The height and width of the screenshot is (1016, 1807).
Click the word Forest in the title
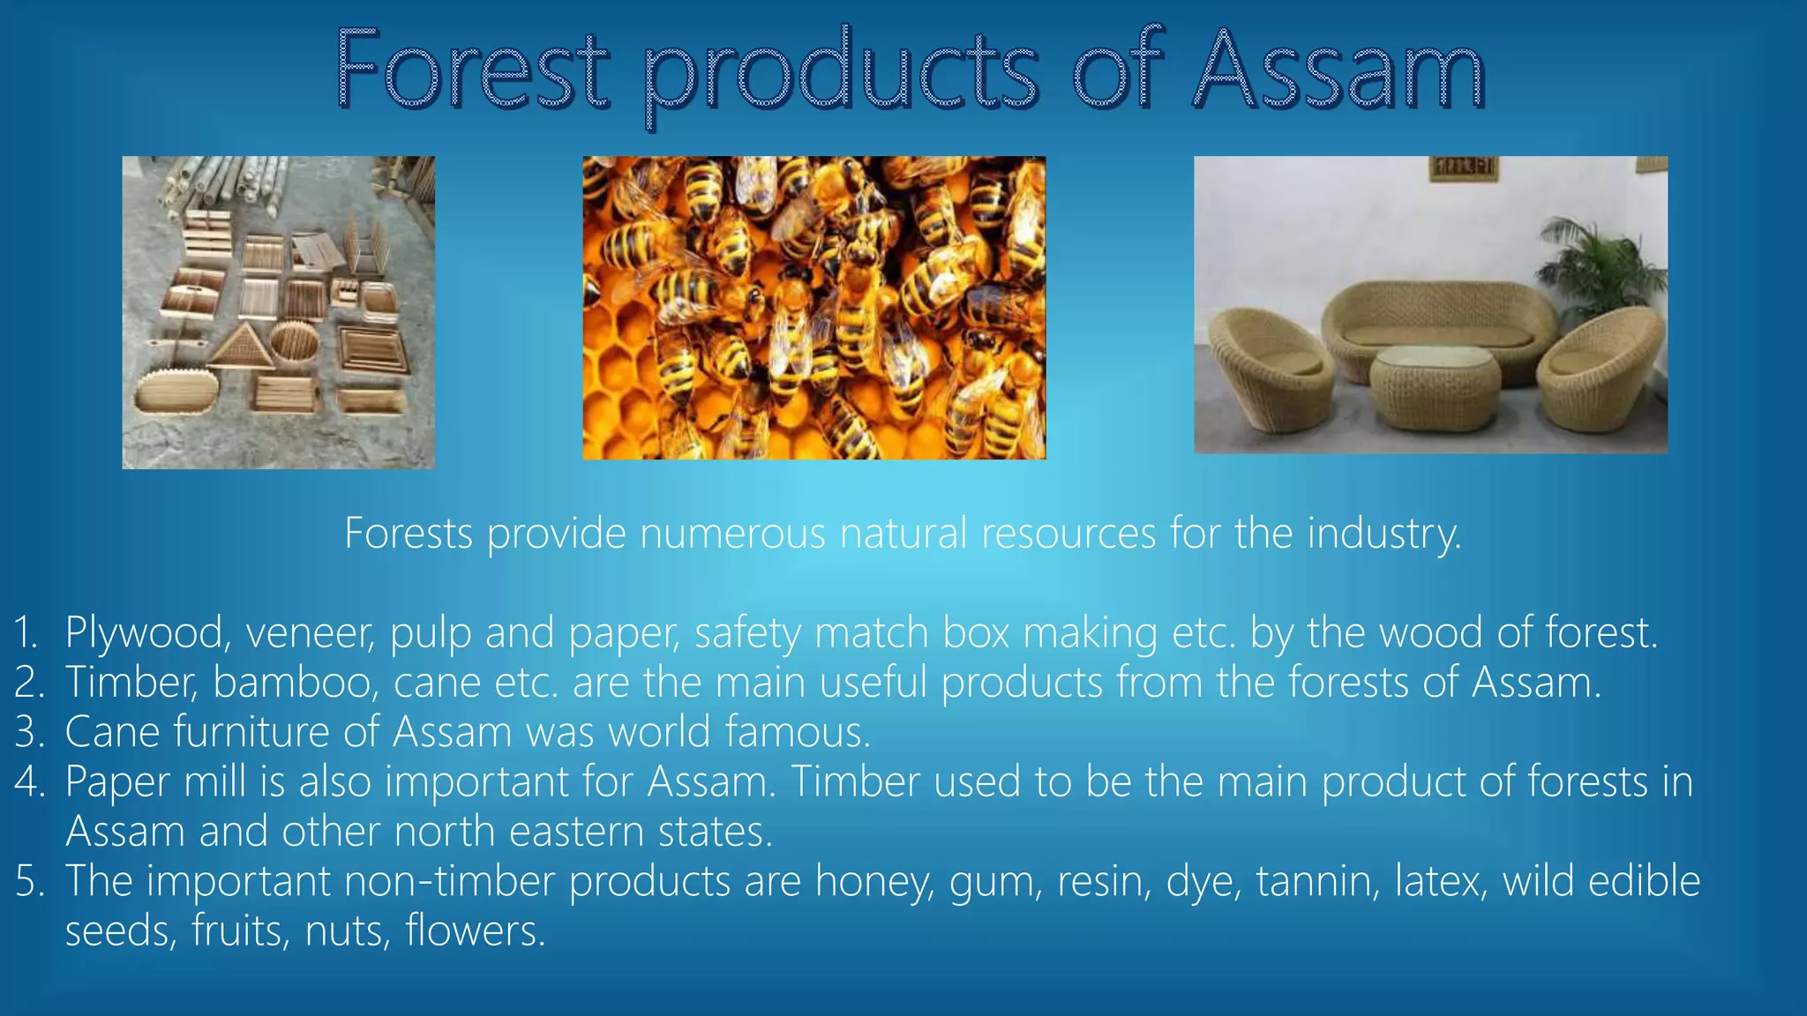473,71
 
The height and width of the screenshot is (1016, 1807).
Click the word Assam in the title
1338,71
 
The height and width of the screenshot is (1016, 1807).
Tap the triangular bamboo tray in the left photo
240,347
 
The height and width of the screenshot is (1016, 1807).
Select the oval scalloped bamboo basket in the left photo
175,393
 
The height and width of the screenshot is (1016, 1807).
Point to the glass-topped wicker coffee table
1435,385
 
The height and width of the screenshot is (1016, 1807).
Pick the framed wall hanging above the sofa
1463,168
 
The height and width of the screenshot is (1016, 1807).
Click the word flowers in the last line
475,931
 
